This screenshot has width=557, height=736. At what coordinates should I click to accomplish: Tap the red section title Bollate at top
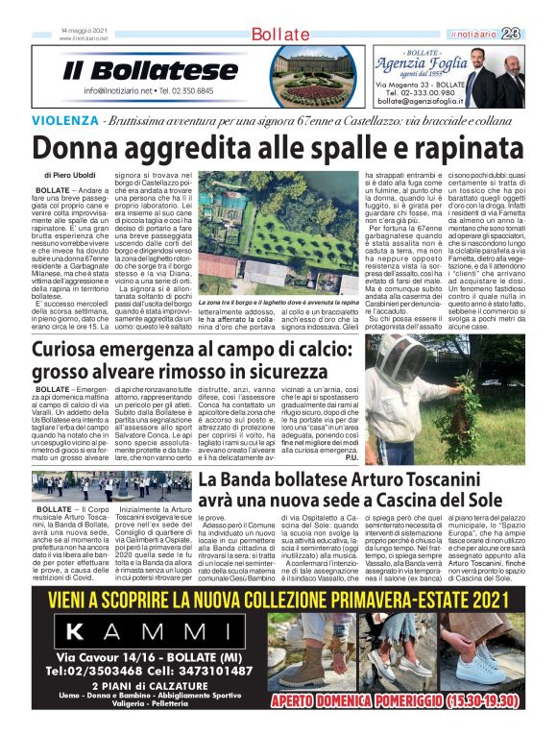click(x=279, y=36)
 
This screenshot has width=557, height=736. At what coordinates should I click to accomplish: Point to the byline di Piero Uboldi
click(x=75, y=176)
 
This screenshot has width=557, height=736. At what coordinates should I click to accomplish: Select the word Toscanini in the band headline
click(x=459, y=479)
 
